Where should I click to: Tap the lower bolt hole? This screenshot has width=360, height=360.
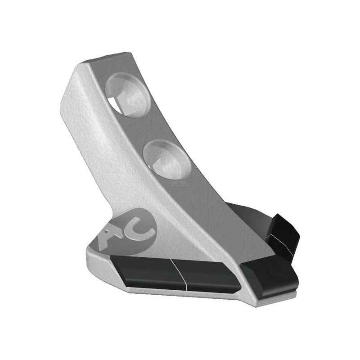point(167,160)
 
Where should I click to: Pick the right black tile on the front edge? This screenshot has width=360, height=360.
point(208,277)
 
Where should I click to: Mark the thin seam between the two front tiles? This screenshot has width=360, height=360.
point(180,274)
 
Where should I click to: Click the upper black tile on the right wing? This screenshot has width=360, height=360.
point(283,239)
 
